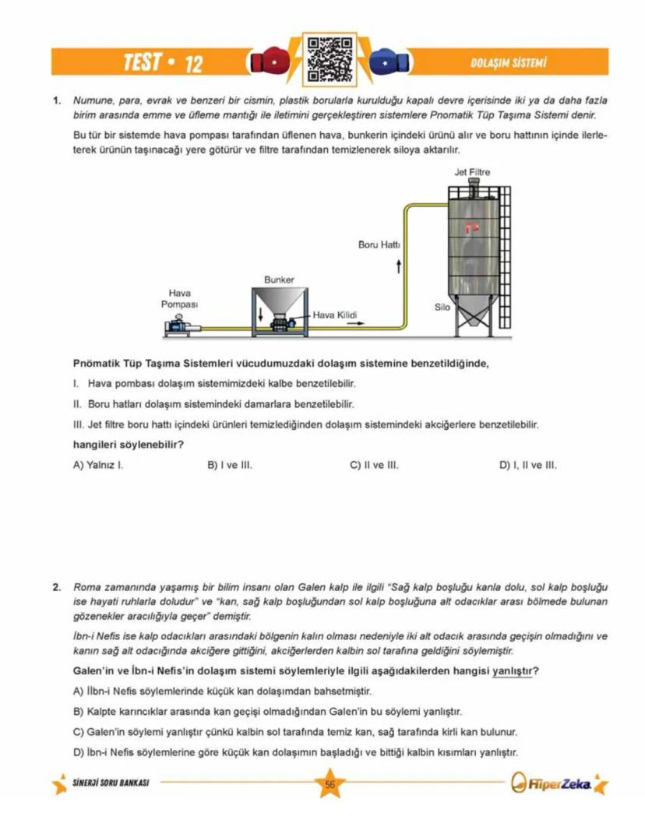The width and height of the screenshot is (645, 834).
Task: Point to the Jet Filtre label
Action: pyautogui.click(x=472, y=172)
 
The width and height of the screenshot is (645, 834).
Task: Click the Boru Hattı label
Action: pyautogui.click(x=379, y=245)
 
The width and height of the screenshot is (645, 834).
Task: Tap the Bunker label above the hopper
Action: pyautogui.click(x=279, y=279)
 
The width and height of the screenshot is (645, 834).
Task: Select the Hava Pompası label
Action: pyautogui.click(x=180, y=298)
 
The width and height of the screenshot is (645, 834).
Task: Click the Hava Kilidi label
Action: pyautogui.click(x=334, y=315)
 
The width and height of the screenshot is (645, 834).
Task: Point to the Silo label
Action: pyautogui.click(x=442, y=307)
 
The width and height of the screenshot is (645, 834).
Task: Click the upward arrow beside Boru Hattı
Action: pyautogui.click(x=399, y=267)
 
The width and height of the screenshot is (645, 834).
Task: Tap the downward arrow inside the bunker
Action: pyautogui.click(x=260, y=314)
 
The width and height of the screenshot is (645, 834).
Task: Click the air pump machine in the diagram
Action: pyautogui.click(x=183, y=328)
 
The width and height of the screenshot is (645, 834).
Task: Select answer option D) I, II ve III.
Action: pyautogui.click(x=527, y=465)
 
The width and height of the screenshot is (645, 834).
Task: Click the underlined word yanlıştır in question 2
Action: pyautogui.click(x=513, y=671)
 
